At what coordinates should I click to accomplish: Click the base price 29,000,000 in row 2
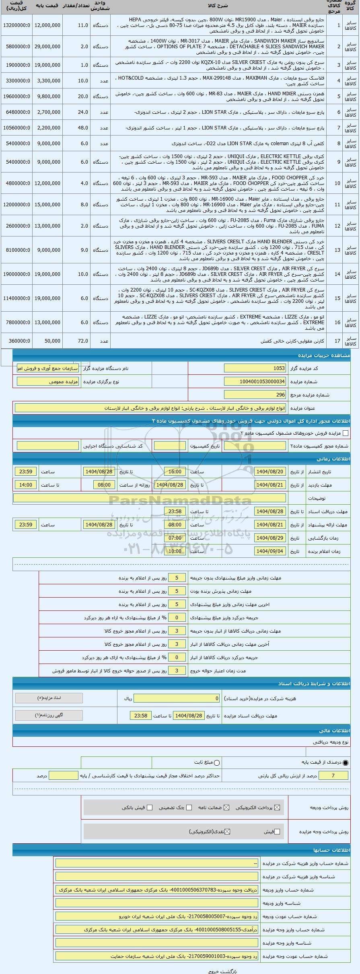tap(47, 47)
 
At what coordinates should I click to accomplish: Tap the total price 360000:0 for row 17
tap(16, 341)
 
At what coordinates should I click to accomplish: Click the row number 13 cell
tap(338, 249)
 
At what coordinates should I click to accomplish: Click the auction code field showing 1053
tap(255, 368)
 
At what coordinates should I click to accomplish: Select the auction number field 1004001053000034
tap(255, 382)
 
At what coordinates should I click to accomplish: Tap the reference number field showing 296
tap(255, 395)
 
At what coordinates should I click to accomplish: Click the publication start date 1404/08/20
tap(270, 471)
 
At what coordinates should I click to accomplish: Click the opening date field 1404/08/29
tap(270, 538)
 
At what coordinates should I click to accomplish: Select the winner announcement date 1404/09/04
tap(270, 551)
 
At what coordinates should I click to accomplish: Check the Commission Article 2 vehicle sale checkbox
tap(346, 433)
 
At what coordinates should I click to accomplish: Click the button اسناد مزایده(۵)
tap(49, 698)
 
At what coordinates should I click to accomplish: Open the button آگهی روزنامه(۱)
tap(49, 715)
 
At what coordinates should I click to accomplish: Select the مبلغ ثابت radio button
tap(217, 762)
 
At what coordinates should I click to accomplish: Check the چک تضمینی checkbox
tap(189, 807)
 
